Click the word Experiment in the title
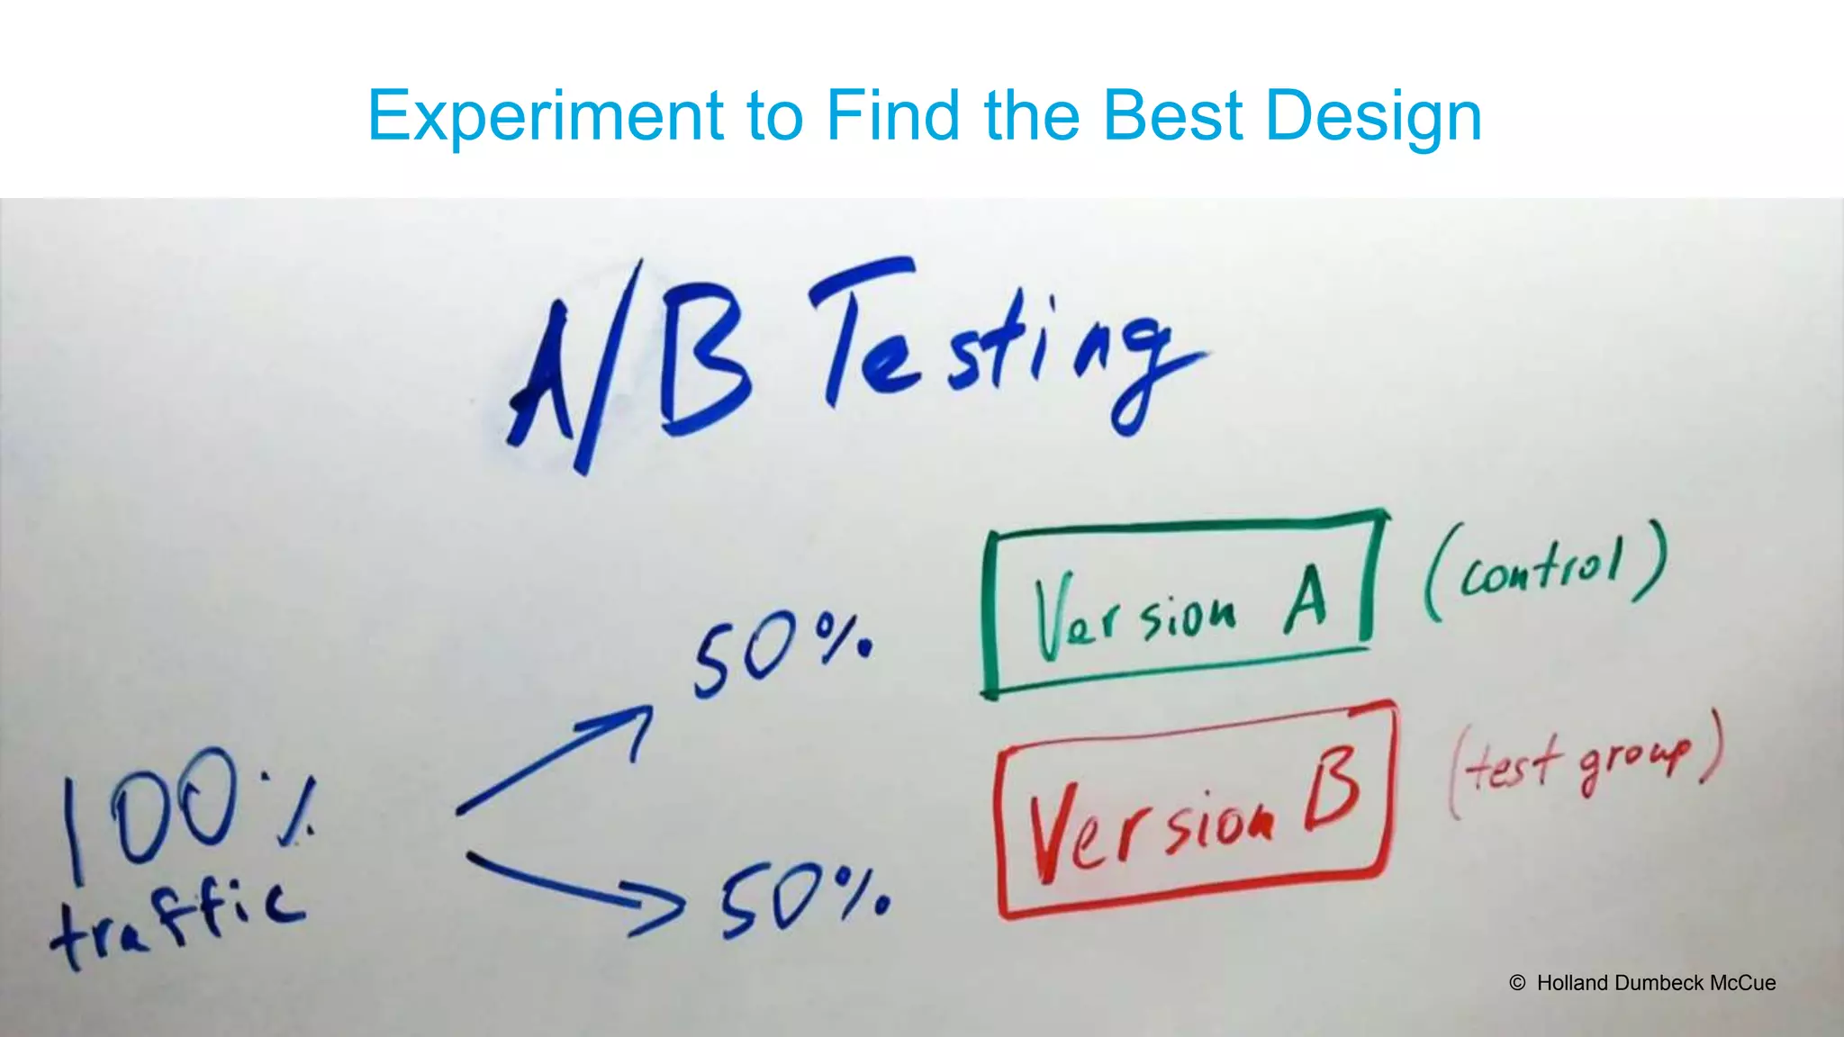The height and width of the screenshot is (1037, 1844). click(x=545, y=116)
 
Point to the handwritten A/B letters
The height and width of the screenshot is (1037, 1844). click(x=630, y=369)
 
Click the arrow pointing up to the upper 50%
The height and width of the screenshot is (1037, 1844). click(x=558, y=756)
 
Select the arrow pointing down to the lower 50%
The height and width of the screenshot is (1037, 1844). click(x=576, y=891)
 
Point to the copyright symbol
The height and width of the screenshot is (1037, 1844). click(x=1517, y=983)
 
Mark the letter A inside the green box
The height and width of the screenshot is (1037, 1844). click(x=1306, y=598)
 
